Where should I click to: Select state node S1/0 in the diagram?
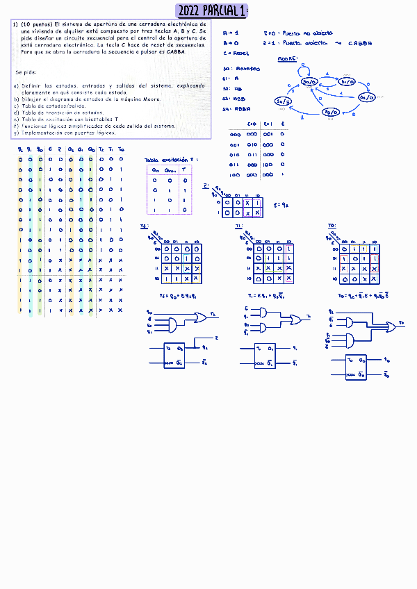point(348,81)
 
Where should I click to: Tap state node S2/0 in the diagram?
point(367,97)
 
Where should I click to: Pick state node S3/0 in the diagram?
point(332,112)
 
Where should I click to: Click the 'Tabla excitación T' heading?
point(170,160)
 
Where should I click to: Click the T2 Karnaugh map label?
point(145,226)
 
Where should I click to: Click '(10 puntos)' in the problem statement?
point(36,24)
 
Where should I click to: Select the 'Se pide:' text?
point(26,72)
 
